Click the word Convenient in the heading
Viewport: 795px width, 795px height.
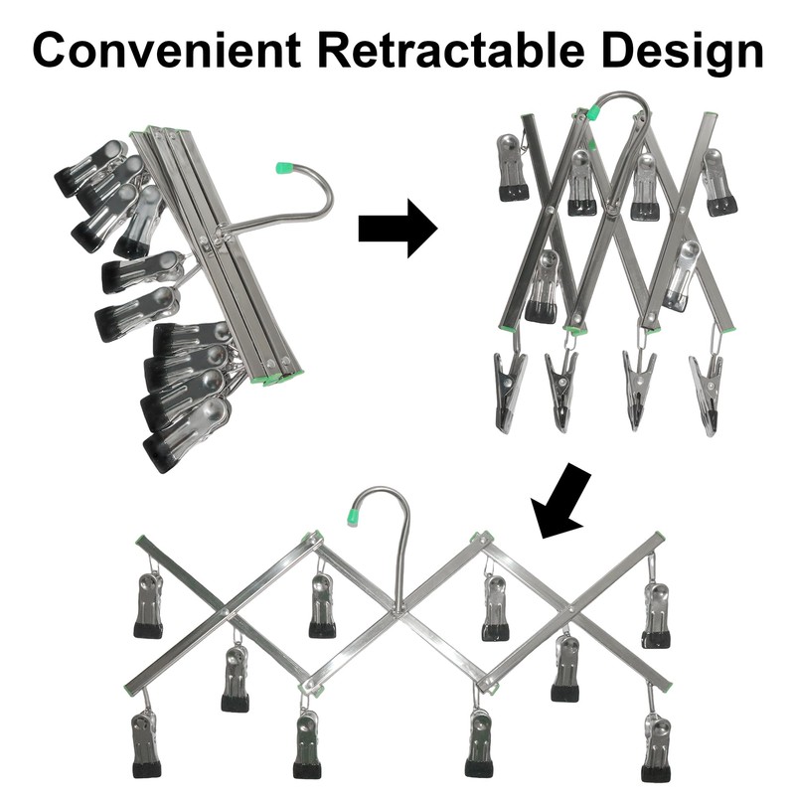point(167,50)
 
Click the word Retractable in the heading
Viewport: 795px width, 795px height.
point(452,50)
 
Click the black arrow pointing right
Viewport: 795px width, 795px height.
point(398,229)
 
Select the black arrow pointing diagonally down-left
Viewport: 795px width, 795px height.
point(560,501)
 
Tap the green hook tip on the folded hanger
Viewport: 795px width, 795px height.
point(284,168)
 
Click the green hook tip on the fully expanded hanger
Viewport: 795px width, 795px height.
point(352,516)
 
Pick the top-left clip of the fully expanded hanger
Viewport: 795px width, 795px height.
point(149,603)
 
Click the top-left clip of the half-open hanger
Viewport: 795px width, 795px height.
point(513,167)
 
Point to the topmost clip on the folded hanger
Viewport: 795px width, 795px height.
point(92,167)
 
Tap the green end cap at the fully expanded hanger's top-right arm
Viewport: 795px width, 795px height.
point(658,537)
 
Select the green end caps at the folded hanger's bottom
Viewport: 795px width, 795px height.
point(277,378)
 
